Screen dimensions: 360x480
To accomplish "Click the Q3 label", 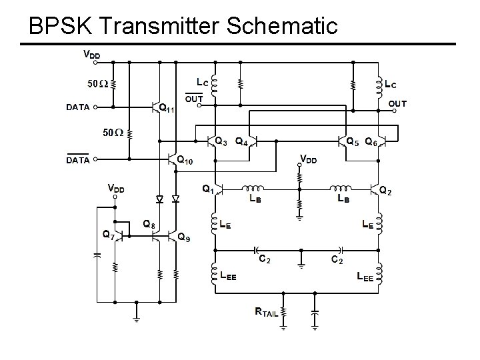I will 221,141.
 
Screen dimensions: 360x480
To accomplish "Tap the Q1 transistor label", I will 208,189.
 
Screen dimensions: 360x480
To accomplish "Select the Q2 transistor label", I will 385,191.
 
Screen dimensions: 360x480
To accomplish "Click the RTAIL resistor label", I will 267,311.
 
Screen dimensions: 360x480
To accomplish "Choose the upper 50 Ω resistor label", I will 97,84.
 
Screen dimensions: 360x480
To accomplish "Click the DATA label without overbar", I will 78,106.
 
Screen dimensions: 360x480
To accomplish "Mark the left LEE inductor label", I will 228,275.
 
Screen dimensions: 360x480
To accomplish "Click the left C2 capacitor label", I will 264,259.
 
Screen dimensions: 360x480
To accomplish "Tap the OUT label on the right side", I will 397,103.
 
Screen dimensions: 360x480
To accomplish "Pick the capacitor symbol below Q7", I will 97,254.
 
